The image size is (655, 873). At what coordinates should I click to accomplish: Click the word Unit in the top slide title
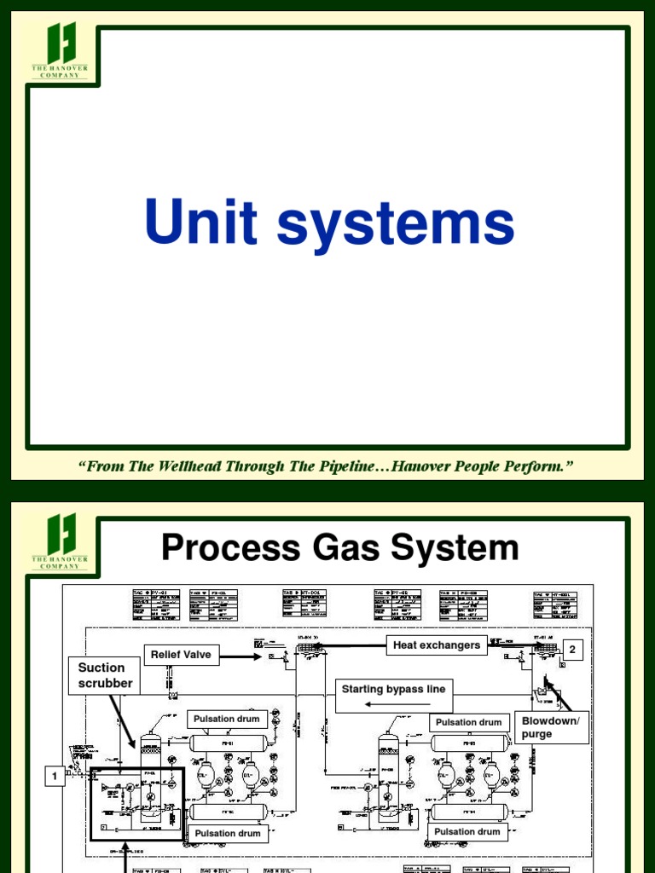[x=200, y=223]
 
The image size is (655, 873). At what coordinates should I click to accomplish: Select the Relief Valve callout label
[x=181, y=656]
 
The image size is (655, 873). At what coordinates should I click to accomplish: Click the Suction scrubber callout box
[x=105, y=675]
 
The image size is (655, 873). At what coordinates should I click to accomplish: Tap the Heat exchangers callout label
[x=436, y=645]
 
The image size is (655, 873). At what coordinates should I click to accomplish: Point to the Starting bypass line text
[x=393, y=689]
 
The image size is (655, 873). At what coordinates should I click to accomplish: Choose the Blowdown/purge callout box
[x=550, y=727]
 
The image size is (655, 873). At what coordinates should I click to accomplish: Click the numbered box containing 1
[x=55, y=776]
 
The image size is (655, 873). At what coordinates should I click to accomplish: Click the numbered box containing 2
[x=572, y=650]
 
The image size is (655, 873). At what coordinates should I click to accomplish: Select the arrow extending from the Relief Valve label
[x=240, y=656]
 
